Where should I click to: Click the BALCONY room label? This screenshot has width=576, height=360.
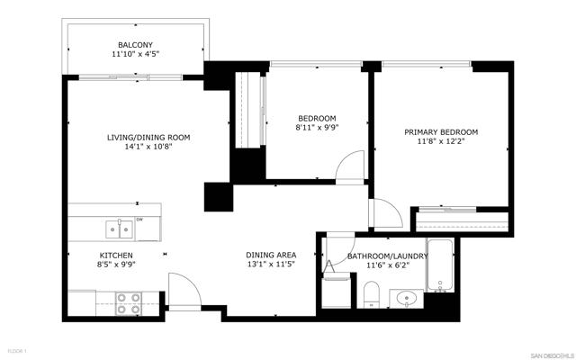tap(136, 45)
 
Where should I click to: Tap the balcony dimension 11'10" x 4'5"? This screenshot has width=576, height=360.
tap(136, 55)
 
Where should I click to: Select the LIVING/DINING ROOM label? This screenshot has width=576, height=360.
tap(148, 137)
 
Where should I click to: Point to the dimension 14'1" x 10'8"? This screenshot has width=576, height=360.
tap(148, 147)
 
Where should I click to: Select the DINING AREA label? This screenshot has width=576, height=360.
tap(272, 255)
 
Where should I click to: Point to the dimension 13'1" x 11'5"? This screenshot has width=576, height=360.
tap(272, 265)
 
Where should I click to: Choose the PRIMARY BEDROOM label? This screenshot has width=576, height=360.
tap(441, 131)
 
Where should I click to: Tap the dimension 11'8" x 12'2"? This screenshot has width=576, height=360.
tap(441, 141)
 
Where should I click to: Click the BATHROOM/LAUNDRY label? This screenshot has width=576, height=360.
tap(388, 256)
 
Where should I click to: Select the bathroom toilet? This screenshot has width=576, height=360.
tap(371, 294)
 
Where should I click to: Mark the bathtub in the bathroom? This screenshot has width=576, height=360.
tap(440, 268)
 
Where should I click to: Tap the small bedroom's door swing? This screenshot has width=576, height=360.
tap(346, 168)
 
